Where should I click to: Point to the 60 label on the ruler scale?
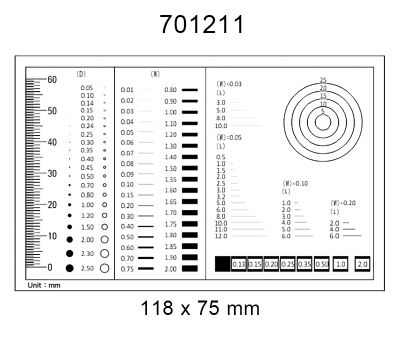coord(52,79)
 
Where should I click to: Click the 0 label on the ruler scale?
coord(49,267)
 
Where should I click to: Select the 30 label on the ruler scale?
coord(52,173)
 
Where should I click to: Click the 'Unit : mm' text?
coord(42,286)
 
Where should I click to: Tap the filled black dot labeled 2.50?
coord(69,268)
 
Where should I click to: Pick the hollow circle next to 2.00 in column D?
coord(105,241)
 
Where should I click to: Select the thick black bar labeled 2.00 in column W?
coord(190,269)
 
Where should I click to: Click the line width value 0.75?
coord(127,269)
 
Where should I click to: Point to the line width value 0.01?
coord(127,89)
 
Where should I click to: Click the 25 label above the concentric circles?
coord(323,80)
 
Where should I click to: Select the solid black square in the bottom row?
coord(222,264)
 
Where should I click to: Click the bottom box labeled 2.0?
coord(362,264)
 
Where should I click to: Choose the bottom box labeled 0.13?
coord(239,264)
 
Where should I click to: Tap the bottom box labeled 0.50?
coord(321,264)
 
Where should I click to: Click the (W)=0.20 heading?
coord(345,203)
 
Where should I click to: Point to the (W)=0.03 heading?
coord(230,84)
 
